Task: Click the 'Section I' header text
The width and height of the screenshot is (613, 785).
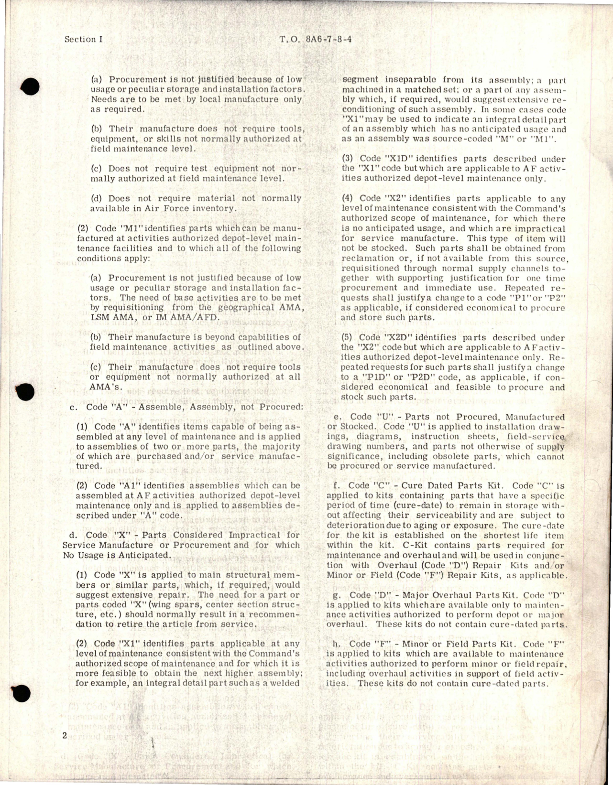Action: click(x=83, y=39)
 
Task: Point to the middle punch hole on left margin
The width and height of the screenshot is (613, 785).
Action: click(x=28, y=392)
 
